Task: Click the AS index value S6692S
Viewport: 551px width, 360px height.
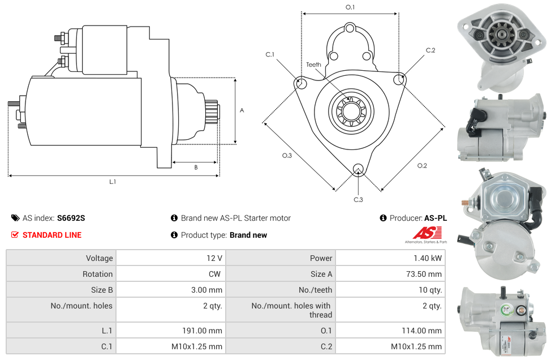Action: [71, 218]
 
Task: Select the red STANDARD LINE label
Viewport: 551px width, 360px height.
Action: [51, 235]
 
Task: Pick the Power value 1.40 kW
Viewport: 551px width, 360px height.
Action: [431, 258]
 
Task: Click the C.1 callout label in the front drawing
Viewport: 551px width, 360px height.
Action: [270, 55]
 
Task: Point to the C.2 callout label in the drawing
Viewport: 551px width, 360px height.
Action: [431, 50]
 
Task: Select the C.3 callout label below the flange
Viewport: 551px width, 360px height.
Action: [358, 200]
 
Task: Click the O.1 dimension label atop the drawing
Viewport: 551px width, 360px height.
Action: [350, 7]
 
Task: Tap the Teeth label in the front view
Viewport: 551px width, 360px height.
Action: [313, 65]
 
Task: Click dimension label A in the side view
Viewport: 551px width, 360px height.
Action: [242, 110]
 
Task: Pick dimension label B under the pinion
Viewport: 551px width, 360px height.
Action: [196, 168]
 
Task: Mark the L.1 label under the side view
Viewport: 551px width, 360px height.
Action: [113, 182]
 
